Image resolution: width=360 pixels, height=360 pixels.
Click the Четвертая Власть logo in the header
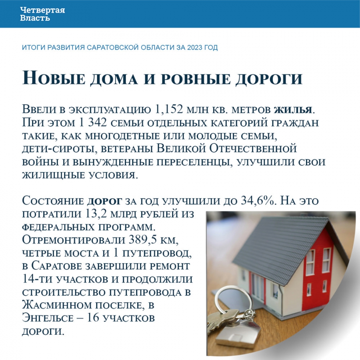pos(42,14)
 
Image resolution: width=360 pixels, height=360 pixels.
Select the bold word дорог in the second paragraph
pos(106,200)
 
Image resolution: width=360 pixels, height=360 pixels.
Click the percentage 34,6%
pos(258,200)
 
